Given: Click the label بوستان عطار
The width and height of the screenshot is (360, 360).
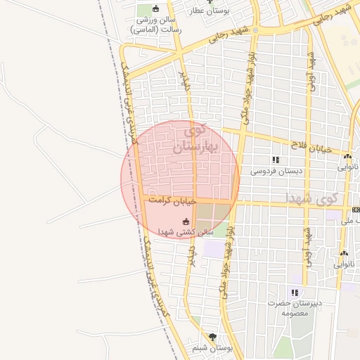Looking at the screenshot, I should pyautogui.click(x=208, y=12).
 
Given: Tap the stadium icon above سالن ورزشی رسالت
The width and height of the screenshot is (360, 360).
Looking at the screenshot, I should pyautogui.click(x=155, y=9).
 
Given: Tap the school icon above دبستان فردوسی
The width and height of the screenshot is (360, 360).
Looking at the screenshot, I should pyautogui.click(x=276, y=160).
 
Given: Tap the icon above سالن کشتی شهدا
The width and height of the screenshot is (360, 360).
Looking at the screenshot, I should pyautogui.click(x=186, y=221).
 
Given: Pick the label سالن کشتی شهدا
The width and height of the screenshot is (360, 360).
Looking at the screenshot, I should pyautogui.click(x=186, y=232).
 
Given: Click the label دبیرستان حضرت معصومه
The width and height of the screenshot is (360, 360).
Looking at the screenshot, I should pyautogui.click(x=295, y=307).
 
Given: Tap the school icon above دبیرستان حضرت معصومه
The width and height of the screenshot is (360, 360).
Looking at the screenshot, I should pyautogui.click(x=295, y=292).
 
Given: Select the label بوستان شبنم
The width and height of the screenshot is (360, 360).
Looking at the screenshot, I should pyautogui.click(x=212, y=348).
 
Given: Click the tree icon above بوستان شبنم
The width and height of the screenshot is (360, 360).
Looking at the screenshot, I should pyautogui.click(x=212, y=337).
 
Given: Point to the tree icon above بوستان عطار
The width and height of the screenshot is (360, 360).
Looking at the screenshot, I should pyautogui.click(x=209, y=2).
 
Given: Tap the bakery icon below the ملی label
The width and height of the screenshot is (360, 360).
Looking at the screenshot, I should pyautogui.click(x=344, y=254).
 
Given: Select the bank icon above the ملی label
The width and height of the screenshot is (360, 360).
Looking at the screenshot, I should pyautogui.click(x=356, y=210).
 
